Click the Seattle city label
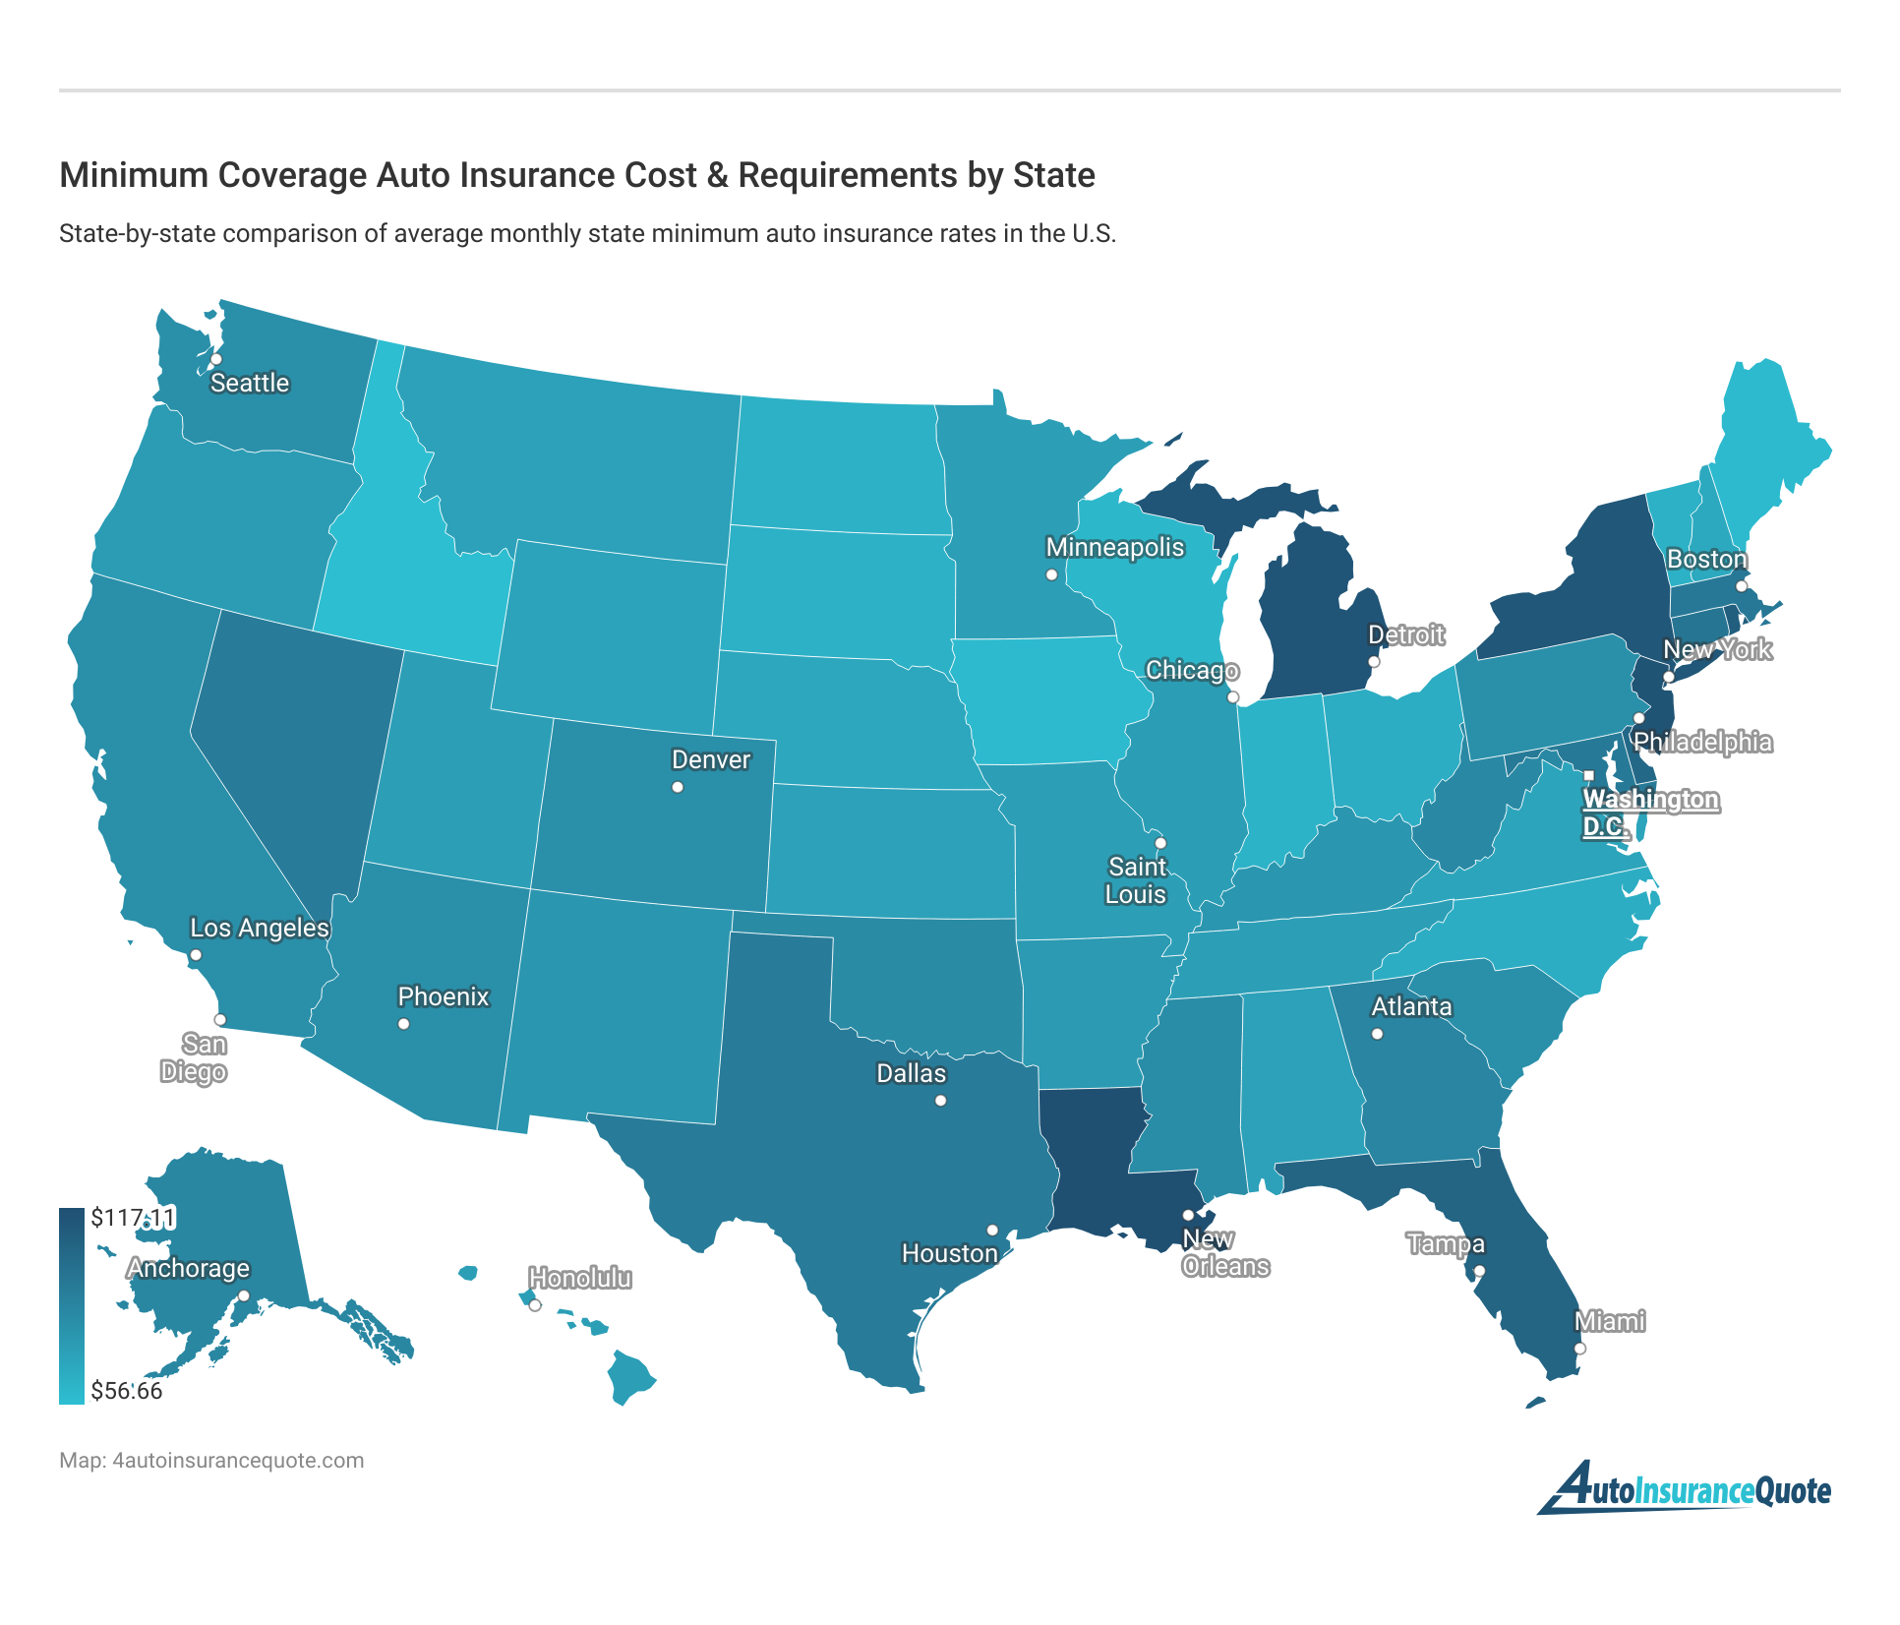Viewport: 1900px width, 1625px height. click(x=250, y=383)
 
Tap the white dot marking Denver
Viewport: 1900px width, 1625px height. click(x=677, y=787)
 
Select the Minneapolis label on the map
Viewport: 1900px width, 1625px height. click(x=1114, y=547)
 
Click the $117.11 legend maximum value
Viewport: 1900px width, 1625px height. click(x=133, y=1218)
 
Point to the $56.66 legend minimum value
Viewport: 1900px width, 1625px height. click(x=127, y=1391)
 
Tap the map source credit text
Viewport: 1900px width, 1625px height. click(x=211, y=1461)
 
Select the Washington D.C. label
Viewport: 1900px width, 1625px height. click(x=1649, y=812)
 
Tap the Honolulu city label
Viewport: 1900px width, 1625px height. click(x=580, y=1278)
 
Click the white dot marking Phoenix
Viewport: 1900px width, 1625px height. click(x=403, y=1024)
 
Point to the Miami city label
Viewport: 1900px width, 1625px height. click(x=1609, y=1321)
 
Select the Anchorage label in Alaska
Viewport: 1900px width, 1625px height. click(x=188, y=1268)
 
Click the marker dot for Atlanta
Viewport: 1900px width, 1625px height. click(x=1377, y=1034)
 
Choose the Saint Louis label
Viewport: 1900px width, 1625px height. click(x=1136, y=880)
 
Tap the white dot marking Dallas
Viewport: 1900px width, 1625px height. click(x=940, y=1101)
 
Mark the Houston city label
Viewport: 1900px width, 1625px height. click(x=949, y=1253)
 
